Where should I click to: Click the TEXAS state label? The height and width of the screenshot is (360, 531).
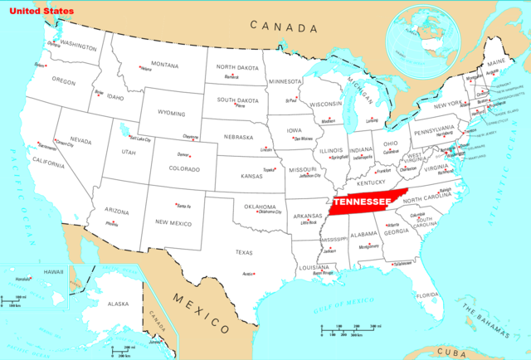(244, 252)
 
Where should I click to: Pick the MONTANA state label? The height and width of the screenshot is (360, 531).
(164, 65)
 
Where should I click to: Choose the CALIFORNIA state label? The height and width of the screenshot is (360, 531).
(49, 165)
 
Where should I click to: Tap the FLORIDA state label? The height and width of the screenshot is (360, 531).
(426, 295)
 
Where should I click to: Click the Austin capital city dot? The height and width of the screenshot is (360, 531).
(254, 274)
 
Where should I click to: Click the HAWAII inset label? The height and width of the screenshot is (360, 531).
(31, 272)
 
